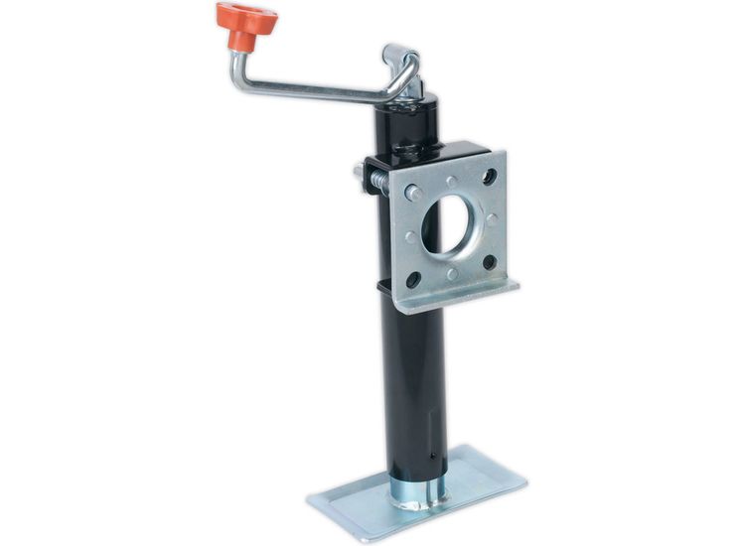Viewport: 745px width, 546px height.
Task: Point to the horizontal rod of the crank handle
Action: point(318,90)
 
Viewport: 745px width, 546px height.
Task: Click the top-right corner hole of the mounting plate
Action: point(489,176)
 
